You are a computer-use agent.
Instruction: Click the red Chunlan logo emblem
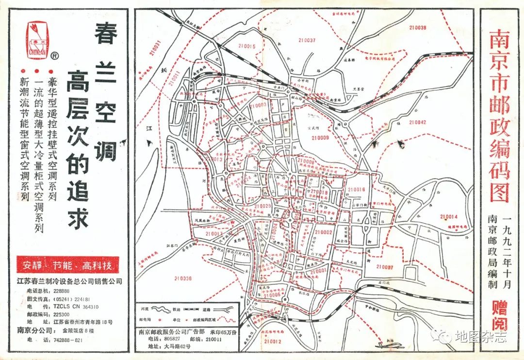click(x=37, y=40)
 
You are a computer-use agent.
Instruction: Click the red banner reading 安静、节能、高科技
click(x=67, y=265)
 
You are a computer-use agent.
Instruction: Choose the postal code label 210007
click(x=385, y=267)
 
